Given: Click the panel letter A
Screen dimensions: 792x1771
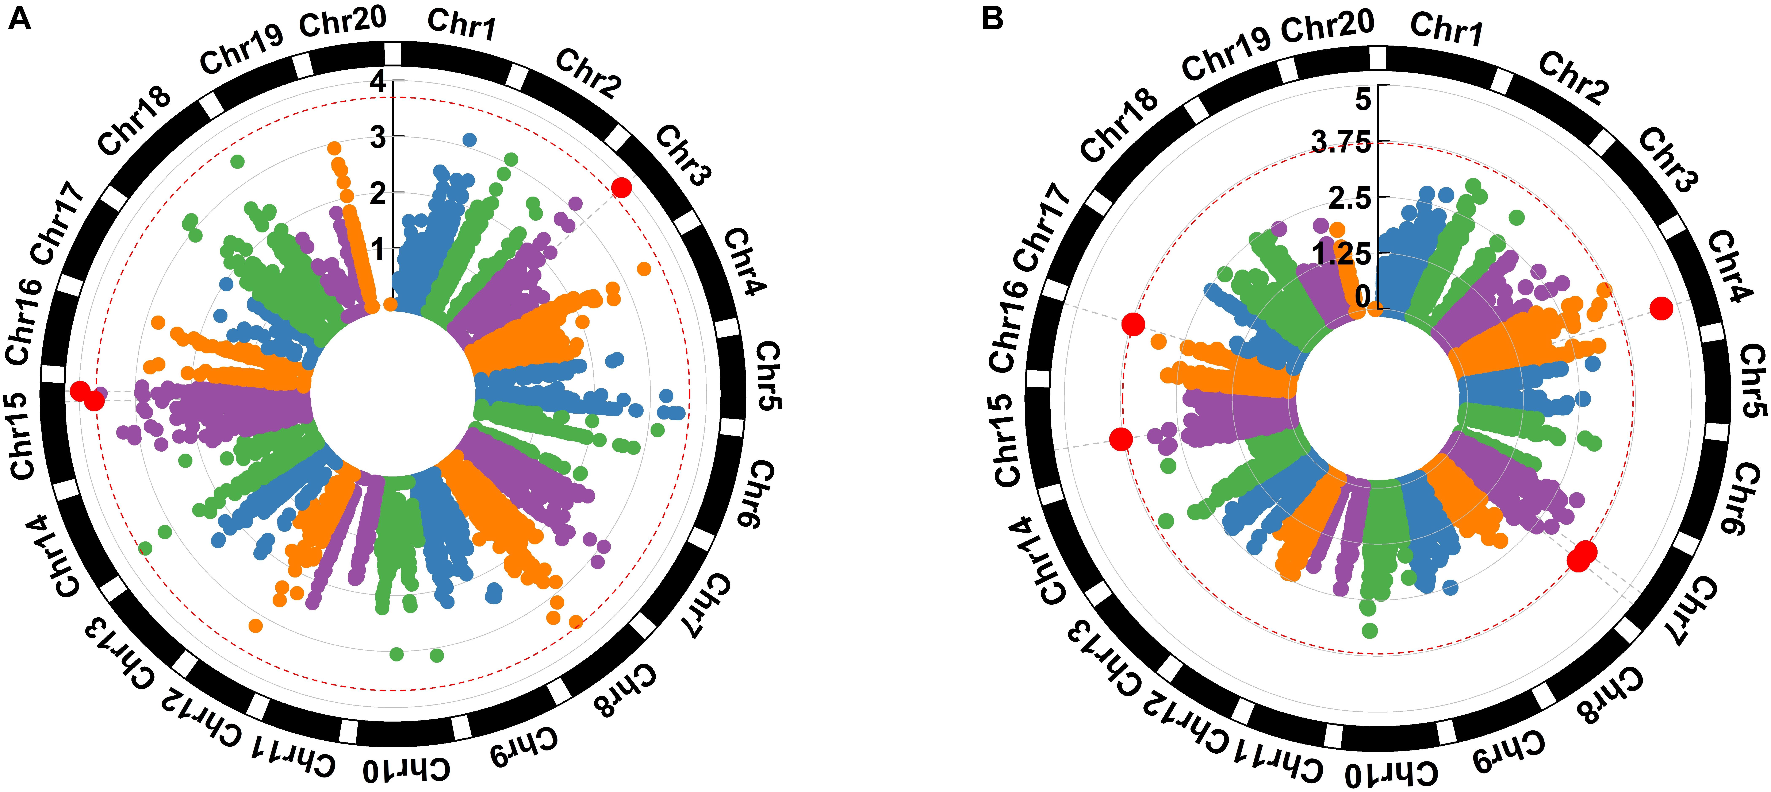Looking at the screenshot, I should (x=19, y=19).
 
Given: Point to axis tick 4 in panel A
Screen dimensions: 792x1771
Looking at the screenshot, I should (x=377, y=82).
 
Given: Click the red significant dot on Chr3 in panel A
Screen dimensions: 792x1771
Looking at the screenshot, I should (x=621, y=187).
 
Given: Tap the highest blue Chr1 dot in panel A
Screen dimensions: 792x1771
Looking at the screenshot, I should (x=469, y=140).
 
